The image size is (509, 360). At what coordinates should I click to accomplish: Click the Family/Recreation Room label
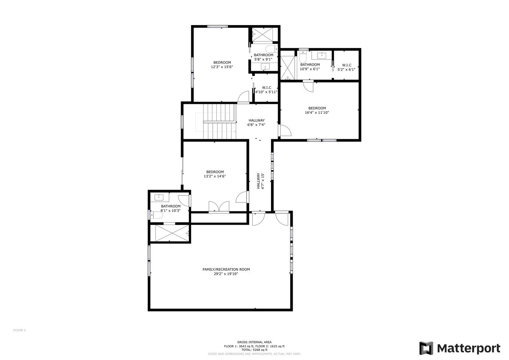tap(226, 269)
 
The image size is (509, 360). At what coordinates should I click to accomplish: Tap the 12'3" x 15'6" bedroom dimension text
tap(222, 67)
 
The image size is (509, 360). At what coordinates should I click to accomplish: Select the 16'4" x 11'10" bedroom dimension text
tap(317, 112)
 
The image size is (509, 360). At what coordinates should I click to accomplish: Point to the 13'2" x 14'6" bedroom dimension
tap(215, 176)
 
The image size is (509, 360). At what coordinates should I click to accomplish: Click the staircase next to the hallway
tap(220, 121)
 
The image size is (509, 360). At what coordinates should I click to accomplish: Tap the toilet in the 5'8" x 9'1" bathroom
tap(271, 49)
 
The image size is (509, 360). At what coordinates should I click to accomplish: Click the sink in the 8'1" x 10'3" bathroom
tap(159, 197)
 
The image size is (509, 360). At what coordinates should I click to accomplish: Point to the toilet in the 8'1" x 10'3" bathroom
tap(157, 215)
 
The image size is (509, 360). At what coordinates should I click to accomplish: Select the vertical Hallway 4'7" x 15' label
tap(260, 181)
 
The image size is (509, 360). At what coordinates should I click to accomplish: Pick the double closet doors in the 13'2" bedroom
tap(219, 206)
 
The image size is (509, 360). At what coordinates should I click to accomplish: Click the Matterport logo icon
tap(426, 348)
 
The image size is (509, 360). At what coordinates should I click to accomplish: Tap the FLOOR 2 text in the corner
tap(19, 330)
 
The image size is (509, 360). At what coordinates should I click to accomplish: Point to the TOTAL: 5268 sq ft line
tap(254, 350)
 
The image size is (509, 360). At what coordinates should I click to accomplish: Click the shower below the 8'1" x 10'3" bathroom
tap(170, 233)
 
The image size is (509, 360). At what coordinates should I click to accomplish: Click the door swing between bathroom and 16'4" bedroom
tap(308, 86)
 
